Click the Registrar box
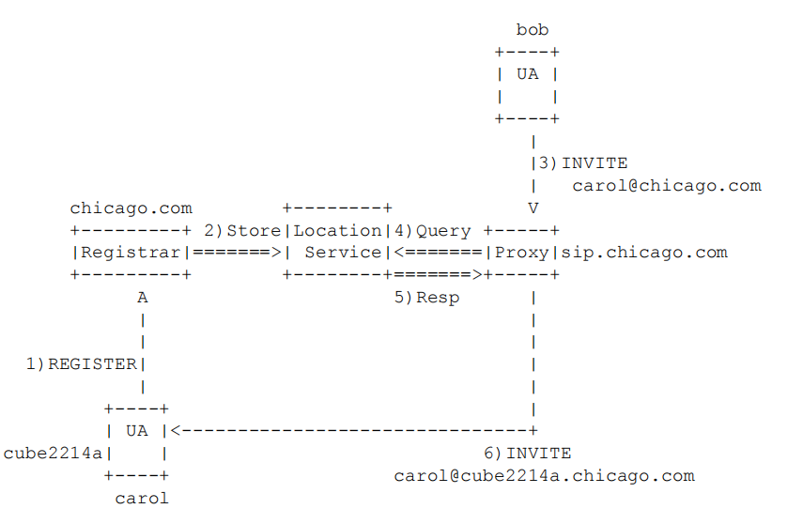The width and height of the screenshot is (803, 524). (131, 252)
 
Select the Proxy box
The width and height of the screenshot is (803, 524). (522, 252)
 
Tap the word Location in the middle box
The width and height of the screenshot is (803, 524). (337, 230)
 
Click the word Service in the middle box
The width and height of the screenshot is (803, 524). (343, 252)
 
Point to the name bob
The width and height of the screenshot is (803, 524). (533, 31)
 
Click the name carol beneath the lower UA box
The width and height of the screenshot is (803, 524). (142, 498)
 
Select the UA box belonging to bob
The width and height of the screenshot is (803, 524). (527, 85)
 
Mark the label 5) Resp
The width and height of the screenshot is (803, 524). (426, 298)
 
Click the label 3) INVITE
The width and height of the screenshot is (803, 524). (582, 163)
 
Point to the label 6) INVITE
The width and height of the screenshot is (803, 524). (527, 454)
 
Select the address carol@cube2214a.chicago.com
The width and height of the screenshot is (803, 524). (544, 475)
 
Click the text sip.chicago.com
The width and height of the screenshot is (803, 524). (645, 252)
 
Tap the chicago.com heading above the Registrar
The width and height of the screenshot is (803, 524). (131, 208)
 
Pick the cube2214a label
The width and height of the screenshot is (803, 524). (53, 454)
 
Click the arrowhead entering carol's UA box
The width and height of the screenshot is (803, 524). (176, 431)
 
